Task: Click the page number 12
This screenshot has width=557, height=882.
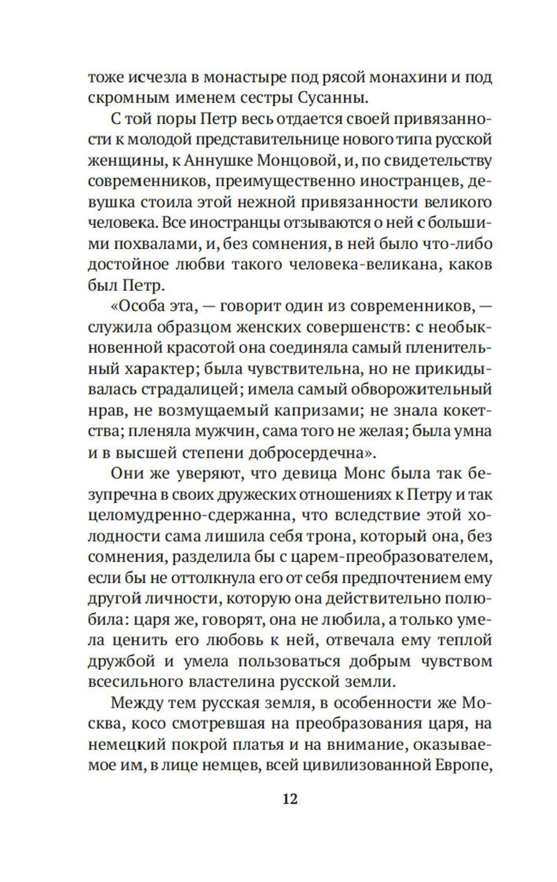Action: (x=290, y=798)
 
